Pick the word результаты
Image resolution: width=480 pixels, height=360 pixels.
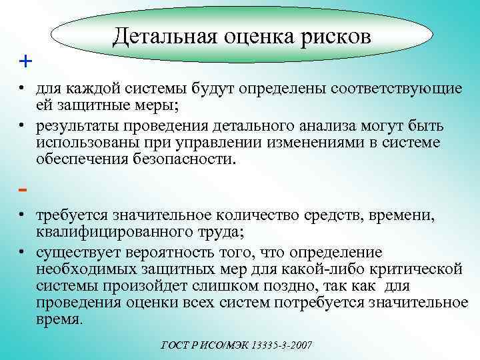[x=77, y=126]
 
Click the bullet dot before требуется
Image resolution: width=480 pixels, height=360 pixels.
[x=22, y=215]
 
